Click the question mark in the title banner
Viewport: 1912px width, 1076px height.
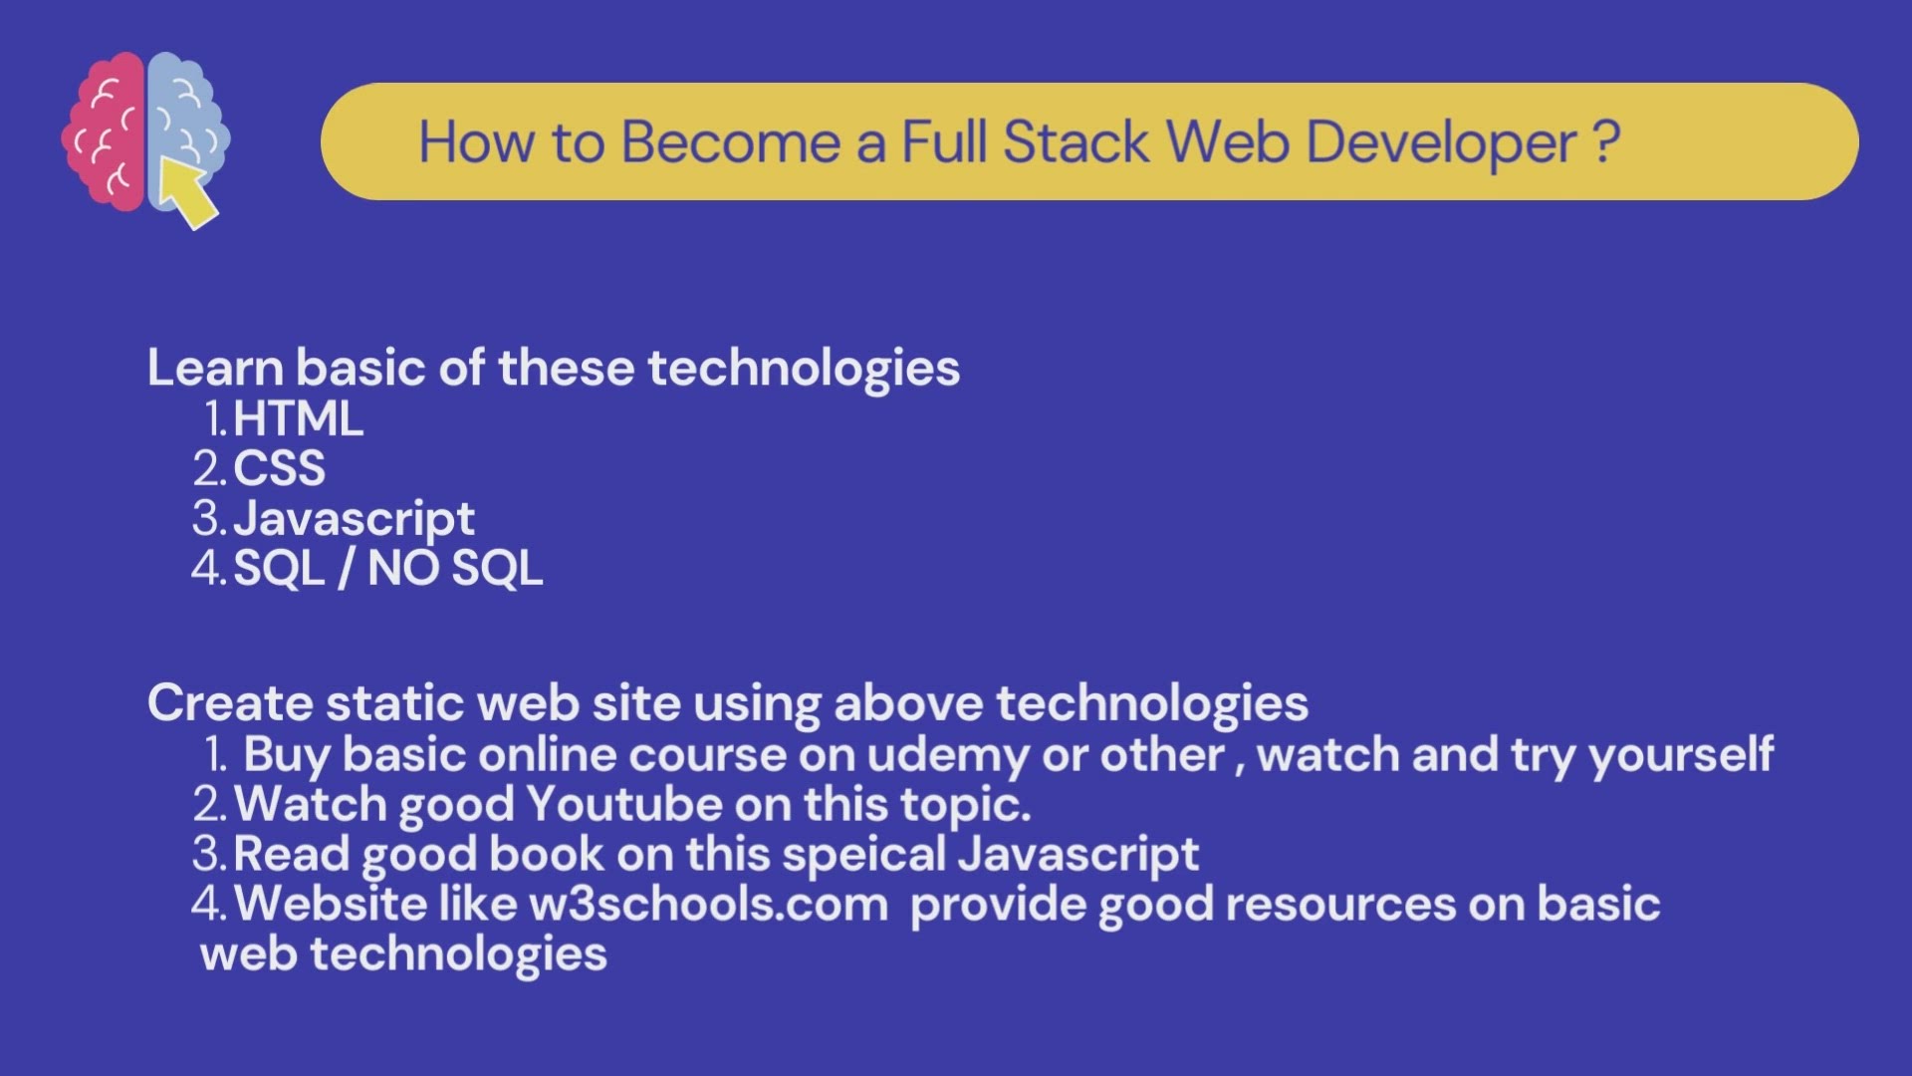click(x=1605, y=141)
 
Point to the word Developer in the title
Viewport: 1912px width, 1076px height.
click(x=1441, y=143)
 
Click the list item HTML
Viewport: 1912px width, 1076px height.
click(x=298, y=418)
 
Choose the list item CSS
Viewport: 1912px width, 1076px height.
click(x=279, y=468)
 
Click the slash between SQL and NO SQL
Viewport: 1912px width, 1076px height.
click(x=346, y=569)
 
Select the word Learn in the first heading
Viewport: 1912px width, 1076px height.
click(x=215, y=368)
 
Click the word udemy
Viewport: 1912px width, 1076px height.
click(x=947, y=755)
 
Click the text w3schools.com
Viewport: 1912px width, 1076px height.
click(x=708, y=905)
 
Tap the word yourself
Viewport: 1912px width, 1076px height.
click(x=1681, y=755)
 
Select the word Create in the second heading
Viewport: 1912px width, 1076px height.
click(x=230, y=703)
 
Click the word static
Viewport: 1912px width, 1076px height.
click(x=395, y=703)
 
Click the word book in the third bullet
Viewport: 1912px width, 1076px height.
click(x=546, y=855)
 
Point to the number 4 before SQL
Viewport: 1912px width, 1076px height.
click(x=206, y=569)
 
